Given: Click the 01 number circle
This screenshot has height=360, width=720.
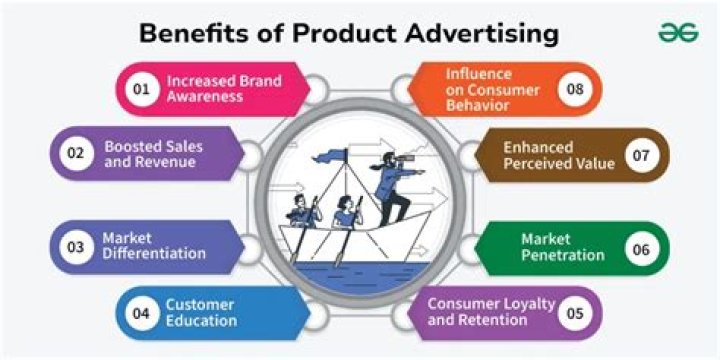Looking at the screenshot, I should click(141, 89).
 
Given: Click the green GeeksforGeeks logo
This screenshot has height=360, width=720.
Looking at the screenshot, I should click(677, 32).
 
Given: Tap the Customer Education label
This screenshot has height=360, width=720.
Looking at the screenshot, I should click(201, 312).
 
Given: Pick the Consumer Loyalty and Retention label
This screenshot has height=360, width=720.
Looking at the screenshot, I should click(477, 312).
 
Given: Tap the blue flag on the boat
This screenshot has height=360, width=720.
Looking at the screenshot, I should click(329, 155).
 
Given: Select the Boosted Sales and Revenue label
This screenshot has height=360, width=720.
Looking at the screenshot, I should click(152, 154).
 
